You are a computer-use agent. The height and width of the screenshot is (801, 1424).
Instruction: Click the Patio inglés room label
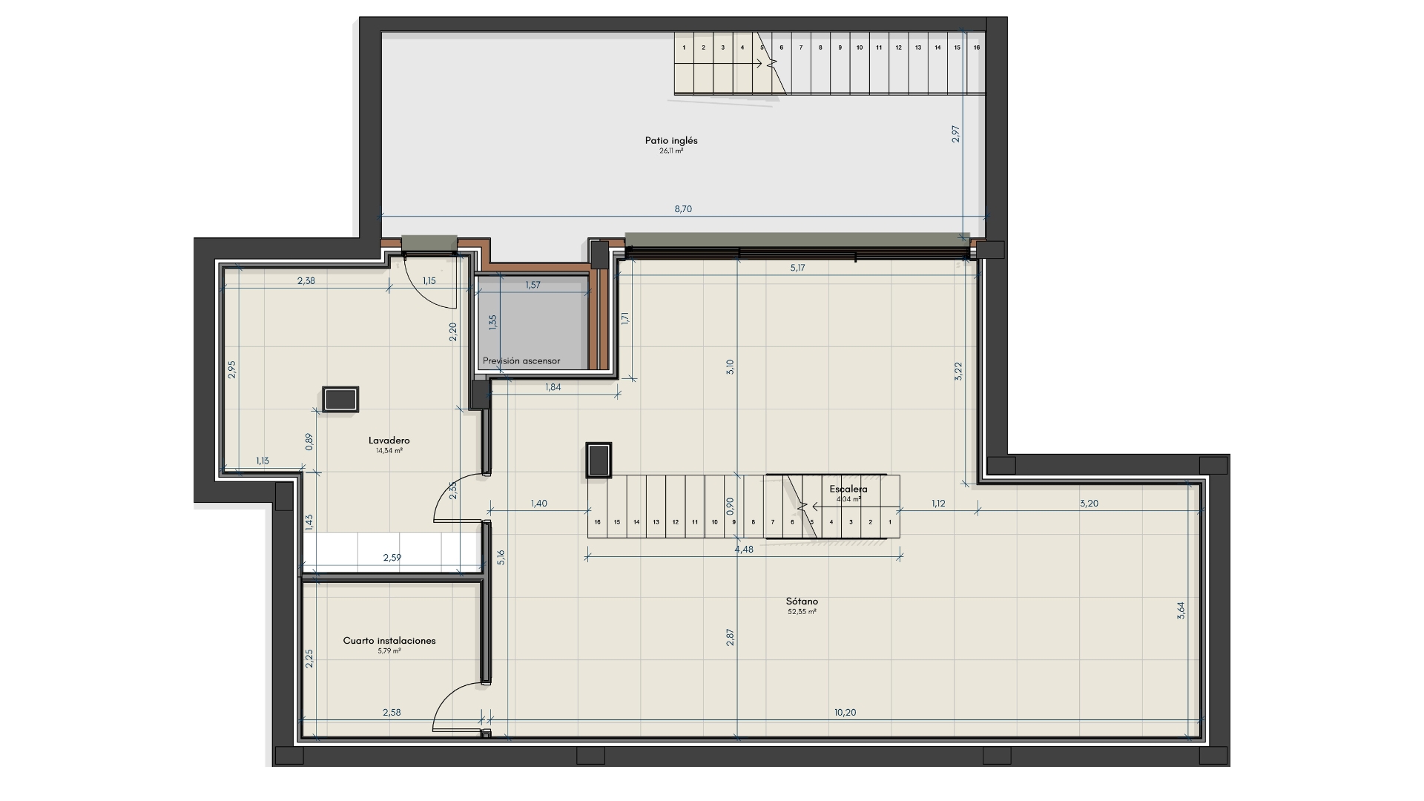671,140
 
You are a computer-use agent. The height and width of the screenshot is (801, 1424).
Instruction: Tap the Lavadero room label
389,441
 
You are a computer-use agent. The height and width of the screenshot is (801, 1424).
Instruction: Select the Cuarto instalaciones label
389,641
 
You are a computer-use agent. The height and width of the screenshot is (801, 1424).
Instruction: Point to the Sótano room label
802,601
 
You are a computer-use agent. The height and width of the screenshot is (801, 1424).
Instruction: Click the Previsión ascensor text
521,361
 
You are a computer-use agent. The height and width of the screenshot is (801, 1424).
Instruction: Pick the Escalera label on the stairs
848,489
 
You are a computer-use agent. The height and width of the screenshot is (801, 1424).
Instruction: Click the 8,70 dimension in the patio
683,209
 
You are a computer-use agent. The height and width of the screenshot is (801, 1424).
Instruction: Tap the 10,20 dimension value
845,713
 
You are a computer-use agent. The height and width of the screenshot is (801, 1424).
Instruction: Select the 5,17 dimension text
797,268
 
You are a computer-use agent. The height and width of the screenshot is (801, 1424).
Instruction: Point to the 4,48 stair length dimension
744,550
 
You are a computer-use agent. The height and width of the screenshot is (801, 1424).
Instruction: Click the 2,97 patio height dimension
956,133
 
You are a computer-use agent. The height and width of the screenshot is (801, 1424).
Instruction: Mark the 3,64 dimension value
1181,610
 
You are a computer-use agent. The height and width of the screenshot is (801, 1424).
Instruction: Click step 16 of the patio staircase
977,47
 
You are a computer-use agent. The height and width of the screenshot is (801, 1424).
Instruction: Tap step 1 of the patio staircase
684,47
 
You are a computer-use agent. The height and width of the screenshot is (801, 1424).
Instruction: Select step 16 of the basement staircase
597,522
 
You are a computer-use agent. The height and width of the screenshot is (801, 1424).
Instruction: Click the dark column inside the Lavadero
340,399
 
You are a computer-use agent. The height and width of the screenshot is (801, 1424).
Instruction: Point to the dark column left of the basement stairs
599,460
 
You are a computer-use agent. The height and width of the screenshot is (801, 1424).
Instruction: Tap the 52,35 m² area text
802,612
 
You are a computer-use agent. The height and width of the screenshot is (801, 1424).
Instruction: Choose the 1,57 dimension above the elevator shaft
533,285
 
